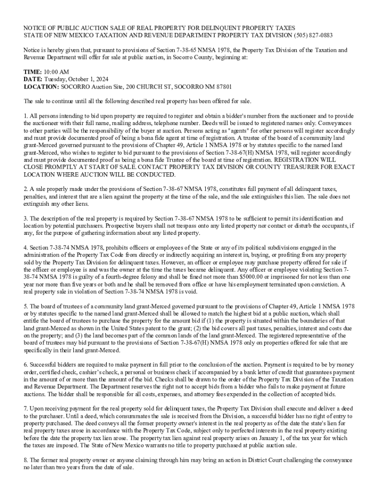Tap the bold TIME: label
(x=32, y=71)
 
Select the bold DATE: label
(x=33, y=79)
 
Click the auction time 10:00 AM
(x=57, y=71)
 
